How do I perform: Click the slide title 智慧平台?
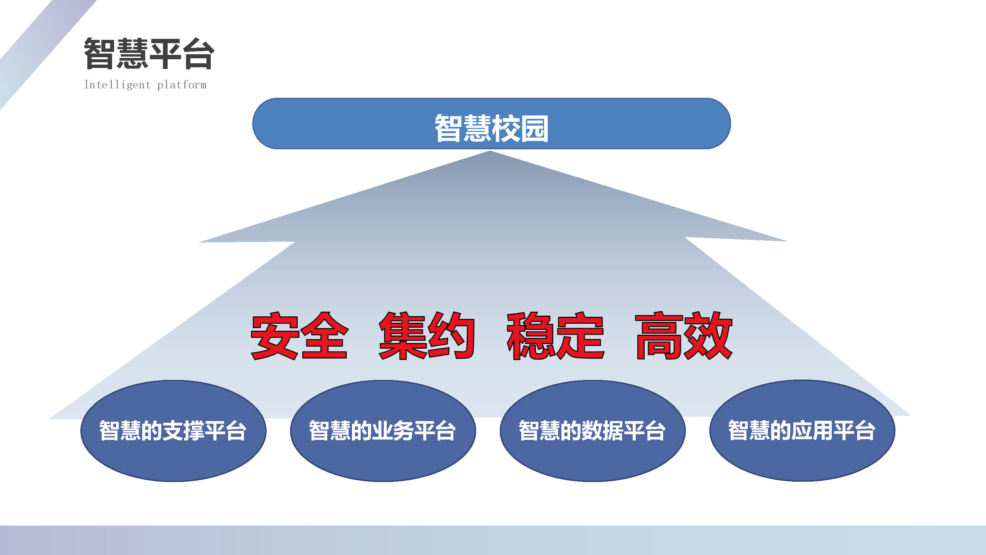[x=149, y=54]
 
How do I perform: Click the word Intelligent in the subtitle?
[x=117, y=85]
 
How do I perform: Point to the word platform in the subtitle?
[x=182, y=85]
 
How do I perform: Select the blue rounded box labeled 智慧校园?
[x=491, y=123]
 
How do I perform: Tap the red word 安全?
[x=299, y=335]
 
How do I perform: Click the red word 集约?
[x=427, y=335]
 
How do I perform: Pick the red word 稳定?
[x=555, y=335]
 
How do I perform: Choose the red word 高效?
[x=684, y=335]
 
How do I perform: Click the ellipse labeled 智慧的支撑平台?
[x=173, y=430]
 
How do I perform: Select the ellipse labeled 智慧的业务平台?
[x=383, y=430]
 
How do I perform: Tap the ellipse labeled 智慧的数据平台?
[x=593, y=430]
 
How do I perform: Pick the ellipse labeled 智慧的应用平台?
[x=802, y=430]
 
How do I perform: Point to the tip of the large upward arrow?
[x=490, y=151]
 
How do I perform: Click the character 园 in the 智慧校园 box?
[x=535, y=129]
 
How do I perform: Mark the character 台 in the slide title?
[x=198, y=54]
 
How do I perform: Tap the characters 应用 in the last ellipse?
[x=812, y=430]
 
